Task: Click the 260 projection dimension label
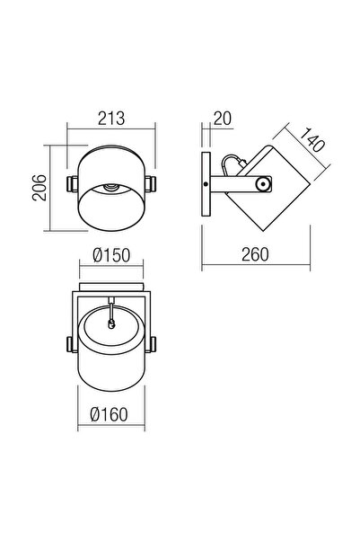pyautogui.click(x=256, y=255)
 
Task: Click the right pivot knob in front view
pyautogui.click(x=150, y=183)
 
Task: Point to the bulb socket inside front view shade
pyautogui.click(x=110, y=188)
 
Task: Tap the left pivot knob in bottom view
pyautogui.click(x=71, y=344)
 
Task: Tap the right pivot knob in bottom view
pyautogui.click(x=152, y=344)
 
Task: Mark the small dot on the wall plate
pyautogui.click(x=206, y=184)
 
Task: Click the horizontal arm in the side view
pyautogui.click(x=235, y=184)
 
